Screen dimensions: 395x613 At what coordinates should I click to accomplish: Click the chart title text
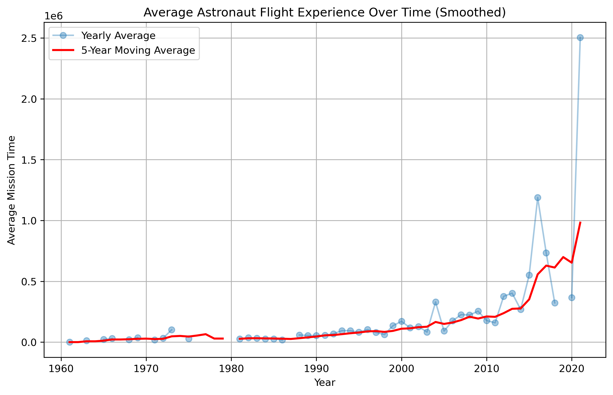coord(324,13)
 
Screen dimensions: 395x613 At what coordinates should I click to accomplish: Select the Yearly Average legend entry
coord(118,36)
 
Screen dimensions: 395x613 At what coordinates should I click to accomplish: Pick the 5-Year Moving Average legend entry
coord(138,50)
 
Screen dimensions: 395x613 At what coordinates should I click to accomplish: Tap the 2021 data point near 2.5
coord(580,38)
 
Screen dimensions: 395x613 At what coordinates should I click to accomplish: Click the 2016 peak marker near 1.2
coord(538,197)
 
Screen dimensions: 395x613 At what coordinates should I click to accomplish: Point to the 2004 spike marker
coord(436,302)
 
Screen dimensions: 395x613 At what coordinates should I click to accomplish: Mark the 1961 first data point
coord(70,342)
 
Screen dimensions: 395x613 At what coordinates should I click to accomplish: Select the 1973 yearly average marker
coord(172,329)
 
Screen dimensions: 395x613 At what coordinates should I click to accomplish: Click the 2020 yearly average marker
coord(571,298)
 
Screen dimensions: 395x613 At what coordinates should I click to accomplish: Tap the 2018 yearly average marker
coord(555,303)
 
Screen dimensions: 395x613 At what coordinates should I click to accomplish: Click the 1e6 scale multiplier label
coord(54,16)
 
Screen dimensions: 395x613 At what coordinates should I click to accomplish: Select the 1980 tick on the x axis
coord(231,369)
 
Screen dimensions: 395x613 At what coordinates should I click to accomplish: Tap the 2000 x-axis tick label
coord(401,369)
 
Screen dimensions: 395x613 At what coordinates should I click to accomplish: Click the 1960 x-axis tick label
coord(61,369)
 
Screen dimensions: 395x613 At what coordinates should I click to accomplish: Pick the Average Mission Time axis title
coord(12,190)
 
